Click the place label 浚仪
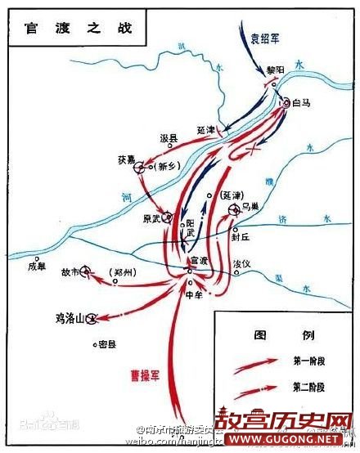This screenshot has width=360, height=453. point(241,264)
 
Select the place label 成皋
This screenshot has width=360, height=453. point(38,264)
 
